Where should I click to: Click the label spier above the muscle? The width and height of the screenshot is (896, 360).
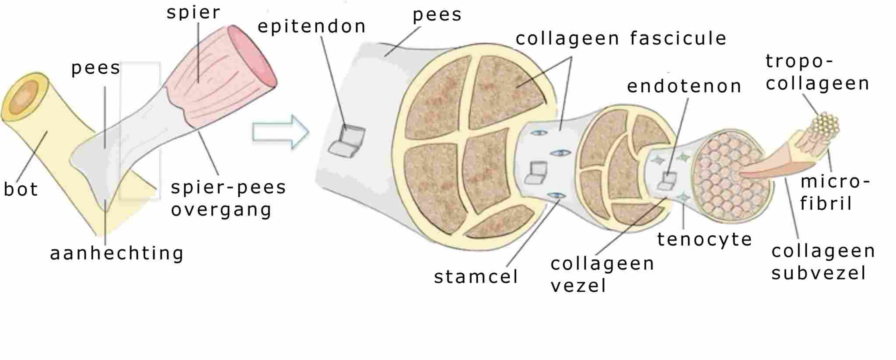pos(193,12)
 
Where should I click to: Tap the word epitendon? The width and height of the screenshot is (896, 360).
pos(311,27)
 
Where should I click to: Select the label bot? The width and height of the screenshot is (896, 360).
pos(21,189)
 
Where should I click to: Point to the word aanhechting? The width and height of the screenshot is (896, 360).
pos(116,253)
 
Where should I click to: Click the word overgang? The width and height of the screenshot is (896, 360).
pos(221,210)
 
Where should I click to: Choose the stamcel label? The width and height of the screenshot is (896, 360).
pos(476,276)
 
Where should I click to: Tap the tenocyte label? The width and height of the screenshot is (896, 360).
pos(704,239)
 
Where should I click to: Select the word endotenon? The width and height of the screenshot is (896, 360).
pos(684,86)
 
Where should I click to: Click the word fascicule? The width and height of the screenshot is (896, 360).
pos(678,38)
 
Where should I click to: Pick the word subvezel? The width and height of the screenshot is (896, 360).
pos(819,273)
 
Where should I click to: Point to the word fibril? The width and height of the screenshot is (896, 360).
pos(826,203)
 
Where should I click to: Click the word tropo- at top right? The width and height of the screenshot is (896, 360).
pos(799,61)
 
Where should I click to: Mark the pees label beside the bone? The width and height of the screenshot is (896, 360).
pos(95,68)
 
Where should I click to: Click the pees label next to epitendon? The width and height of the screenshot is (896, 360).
pos(437,14)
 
